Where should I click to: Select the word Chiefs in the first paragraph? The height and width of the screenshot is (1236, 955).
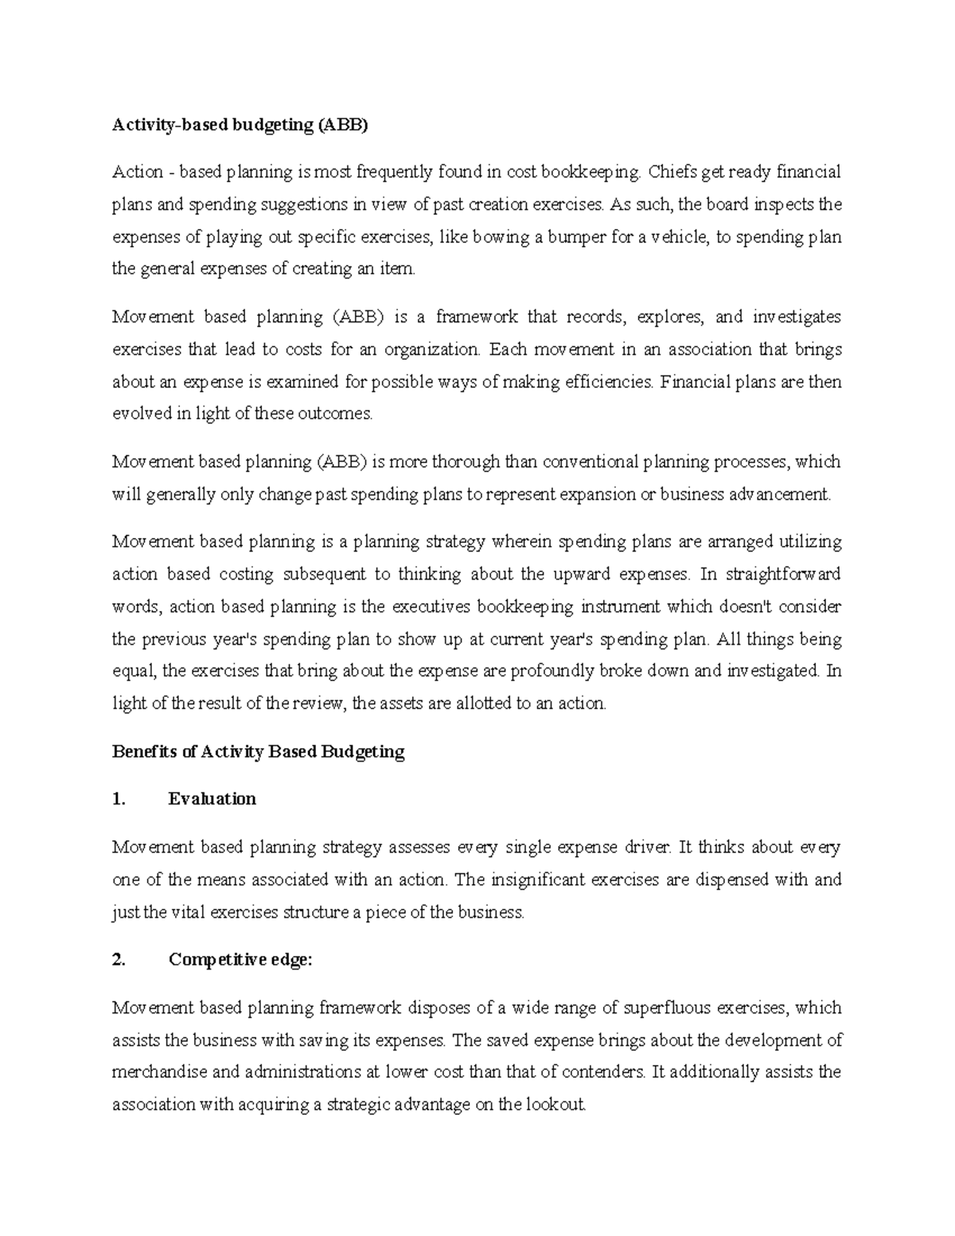(x=668, y=172)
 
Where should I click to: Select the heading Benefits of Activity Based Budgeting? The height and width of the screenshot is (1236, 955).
(x=259, y=751)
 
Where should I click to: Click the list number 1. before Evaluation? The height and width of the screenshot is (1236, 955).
(x=119, y=799)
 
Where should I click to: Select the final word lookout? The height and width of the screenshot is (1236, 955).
(x=554, y=1105)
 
